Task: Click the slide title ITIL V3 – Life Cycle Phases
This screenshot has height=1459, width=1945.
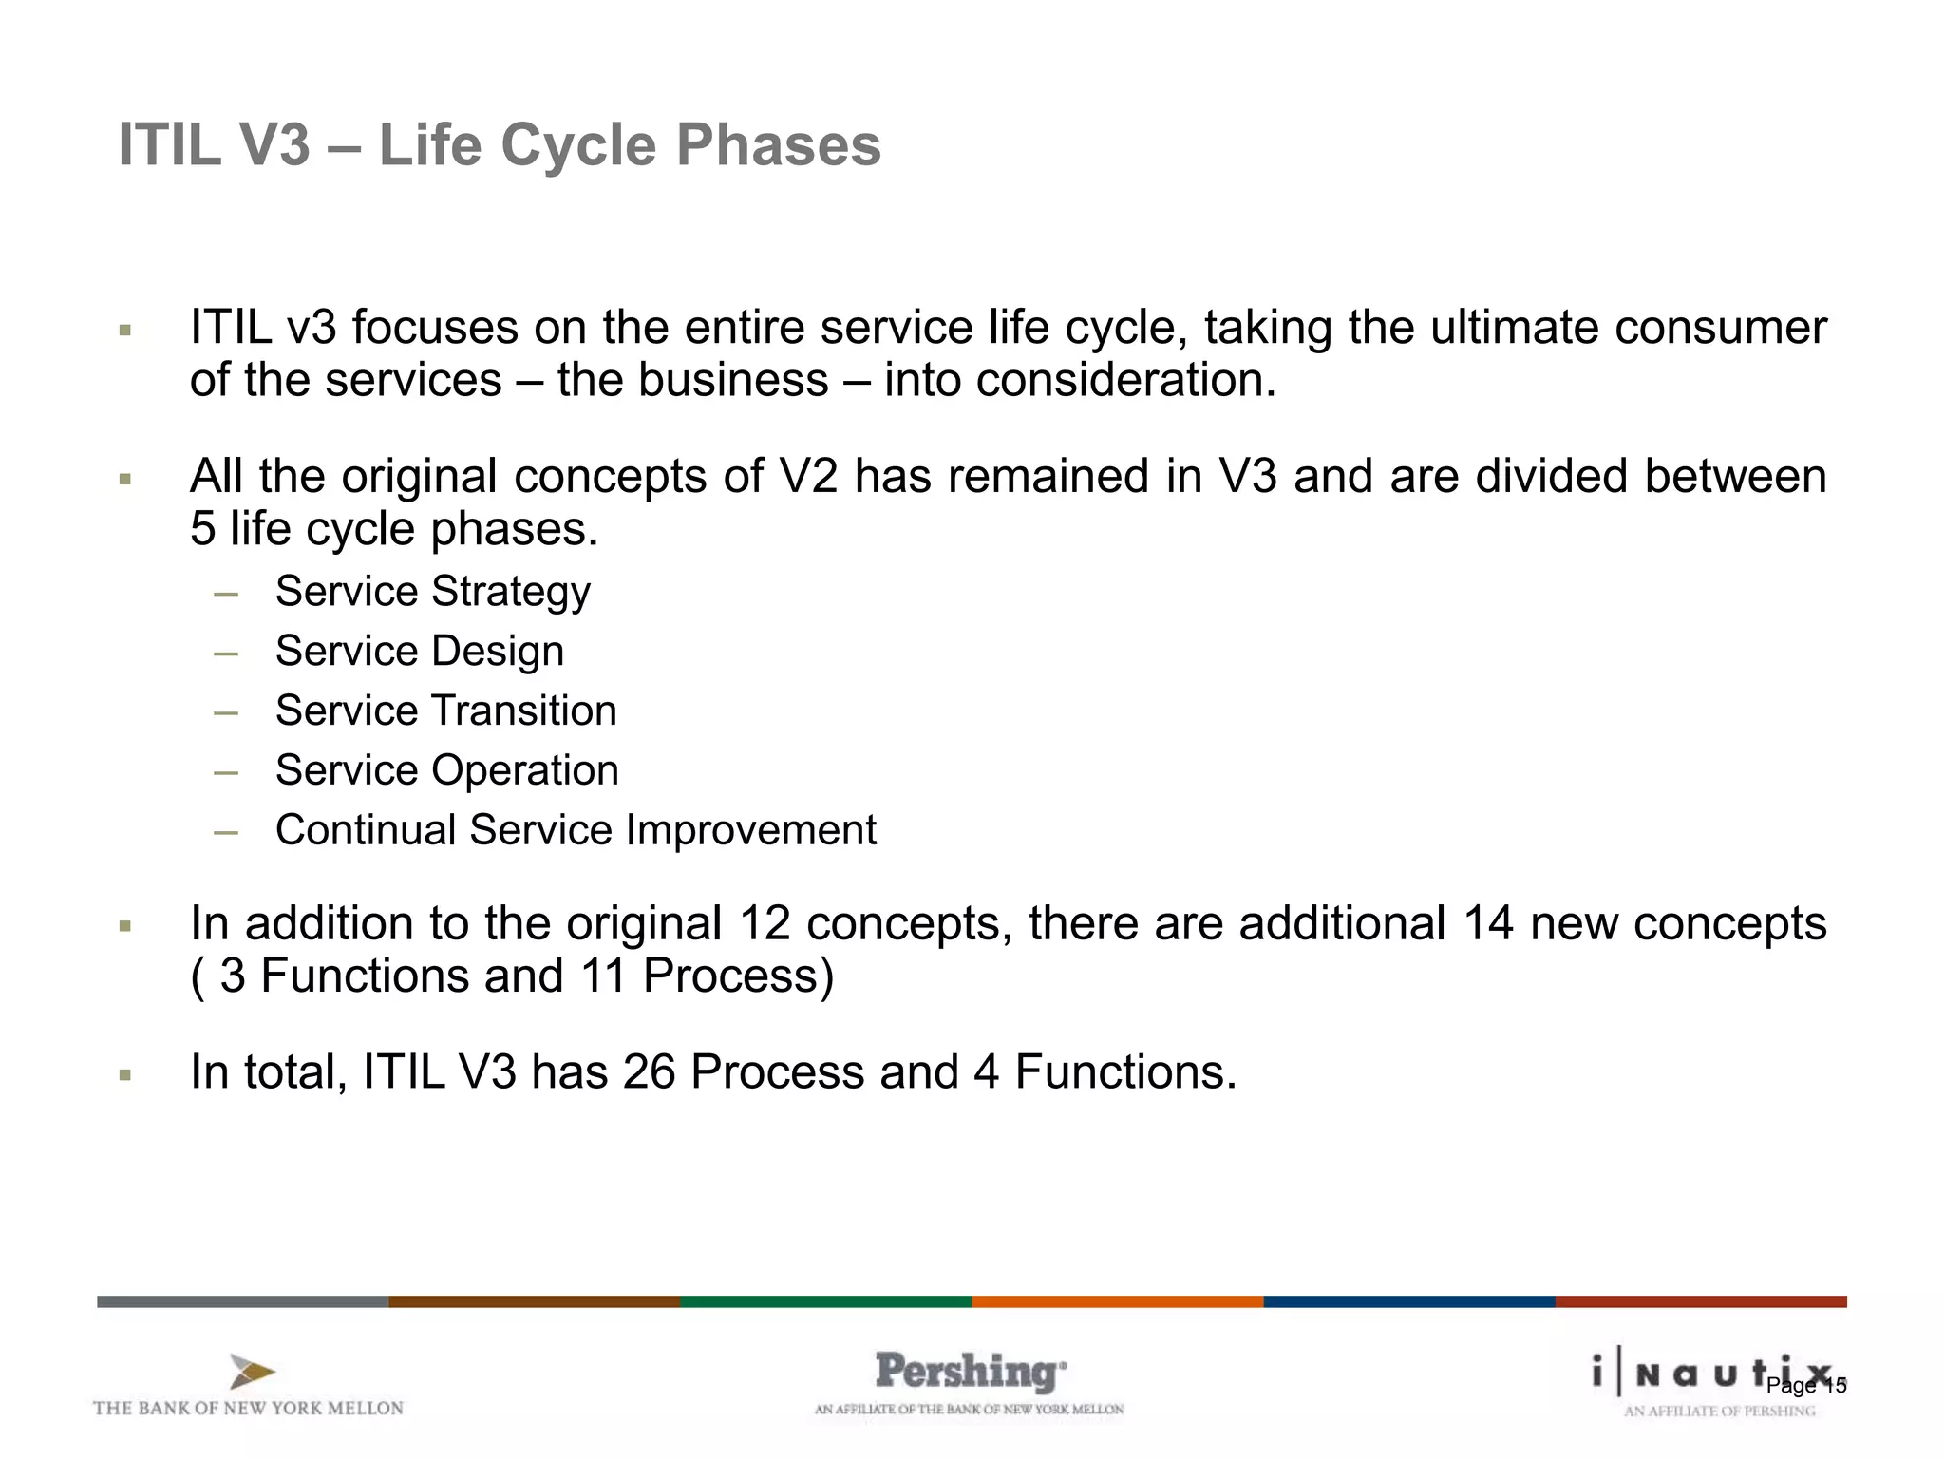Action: coord(500,145)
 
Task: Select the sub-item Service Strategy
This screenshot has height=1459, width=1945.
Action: coord(432,592)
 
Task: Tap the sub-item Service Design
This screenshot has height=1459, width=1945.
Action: coord(419,652)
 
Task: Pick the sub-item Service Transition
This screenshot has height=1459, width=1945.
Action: coord(445,711)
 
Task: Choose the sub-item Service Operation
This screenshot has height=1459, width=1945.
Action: coord(446,770)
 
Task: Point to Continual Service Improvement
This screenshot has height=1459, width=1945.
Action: coord(576,830)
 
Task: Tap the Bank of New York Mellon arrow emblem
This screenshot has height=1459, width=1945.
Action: coord(252,1373)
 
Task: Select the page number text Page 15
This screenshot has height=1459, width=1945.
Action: coord(1806,1386)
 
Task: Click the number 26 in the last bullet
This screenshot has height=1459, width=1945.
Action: coord(649,1072)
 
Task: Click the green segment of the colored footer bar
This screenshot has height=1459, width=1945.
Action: coord(825,1301)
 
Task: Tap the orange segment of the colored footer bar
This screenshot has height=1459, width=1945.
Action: coord(1117,1301)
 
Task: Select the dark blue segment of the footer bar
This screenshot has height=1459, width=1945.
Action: coord(1408,1301)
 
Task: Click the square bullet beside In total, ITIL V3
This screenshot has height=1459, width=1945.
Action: coord(124,1075)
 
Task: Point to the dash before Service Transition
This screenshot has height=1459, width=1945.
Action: coord(226,712)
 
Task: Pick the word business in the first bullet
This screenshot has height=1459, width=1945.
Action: coord(733,381)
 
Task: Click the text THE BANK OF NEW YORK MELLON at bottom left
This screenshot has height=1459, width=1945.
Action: coord(248,1409)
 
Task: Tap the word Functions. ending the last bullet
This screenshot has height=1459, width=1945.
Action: coord(1125,1072)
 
